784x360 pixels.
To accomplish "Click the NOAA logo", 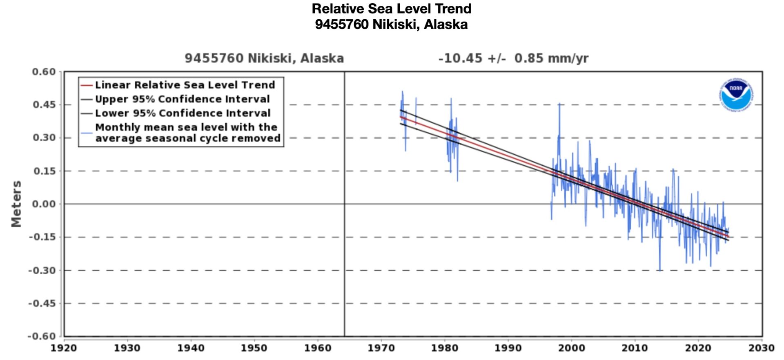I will tap(737, 94).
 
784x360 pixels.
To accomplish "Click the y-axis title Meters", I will tap(16, 204).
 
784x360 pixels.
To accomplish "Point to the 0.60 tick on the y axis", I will tap(44, 72).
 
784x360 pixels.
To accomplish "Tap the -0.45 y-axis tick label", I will tap(42, 303).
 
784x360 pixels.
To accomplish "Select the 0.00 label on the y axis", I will tap(44, 204).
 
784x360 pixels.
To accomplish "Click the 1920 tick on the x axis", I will tap(64, 348).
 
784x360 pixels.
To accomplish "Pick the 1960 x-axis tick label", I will tap(318, 348).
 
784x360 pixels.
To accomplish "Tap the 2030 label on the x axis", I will tap(761, 348).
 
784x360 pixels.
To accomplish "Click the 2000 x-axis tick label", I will tap(571, 348).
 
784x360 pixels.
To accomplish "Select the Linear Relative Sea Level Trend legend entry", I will tap(185, 85).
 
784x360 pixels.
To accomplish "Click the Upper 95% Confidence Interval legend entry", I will tap(182, 99).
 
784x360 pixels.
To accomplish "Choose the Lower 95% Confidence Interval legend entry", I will tap(183, 113).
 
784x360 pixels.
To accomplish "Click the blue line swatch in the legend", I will tap(87, 133).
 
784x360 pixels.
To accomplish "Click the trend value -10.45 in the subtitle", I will tap(460, 58).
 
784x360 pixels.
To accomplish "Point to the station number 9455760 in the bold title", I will tap(341, 24).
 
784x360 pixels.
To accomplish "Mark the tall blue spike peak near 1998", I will tap(559, 104).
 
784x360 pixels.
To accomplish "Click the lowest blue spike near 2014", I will tap(659, 270).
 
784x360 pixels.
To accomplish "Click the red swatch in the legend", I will tap(87, 85).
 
